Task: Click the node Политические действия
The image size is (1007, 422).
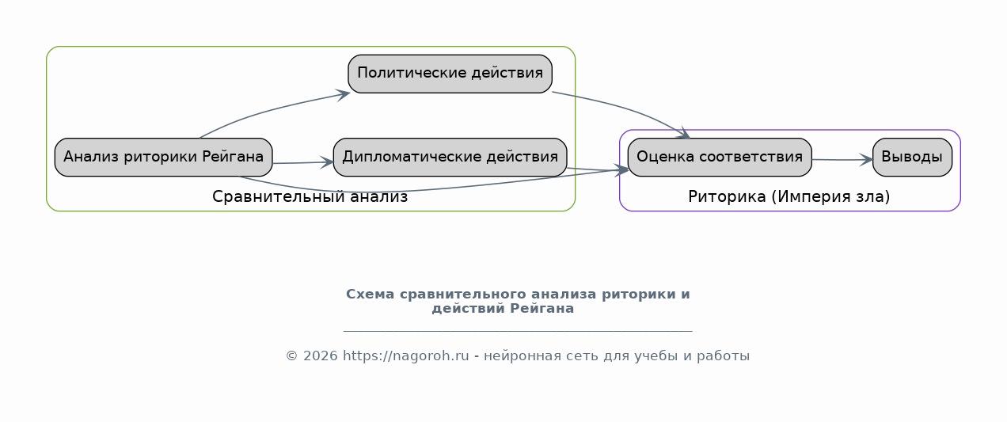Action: pyautogui.click(x=450, y=74)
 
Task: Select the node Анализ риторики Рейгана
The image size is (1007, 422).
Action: pyautogui.click(x=164, y=158)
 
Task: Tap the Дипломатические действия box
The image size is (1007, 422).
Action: pyautogui.click(x=450, y=158)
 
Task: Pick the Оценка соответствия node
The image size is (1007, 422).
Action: pyautogui.click(x=720, y=158)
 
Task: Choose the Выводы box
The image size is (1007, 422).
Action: pyautogui.click(x=912, y=158)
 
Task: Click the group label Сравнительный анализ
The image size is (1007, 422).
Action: pyautogui.click(x=310, y=197)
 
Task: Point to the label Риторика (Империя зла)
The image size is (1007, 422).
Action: pyautogui.click(x=789, y=197)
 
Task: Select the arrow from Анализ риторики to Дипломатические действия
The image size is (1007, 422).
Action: pyautogui.click(x=303, y=162)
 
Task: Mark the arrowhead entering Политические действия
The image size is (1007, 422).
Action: pyautogui.click(x=344, y=95)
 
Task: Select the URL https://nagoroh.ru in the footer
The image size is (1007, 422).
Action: pyautogui.click(x=406, y=356)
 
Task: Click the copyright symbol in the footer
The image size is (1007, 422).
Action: pyautogui.click(x=292, y=356)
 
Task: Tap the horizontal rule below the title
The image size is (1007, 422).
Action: pyautogui.click(x=518, y=331)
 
